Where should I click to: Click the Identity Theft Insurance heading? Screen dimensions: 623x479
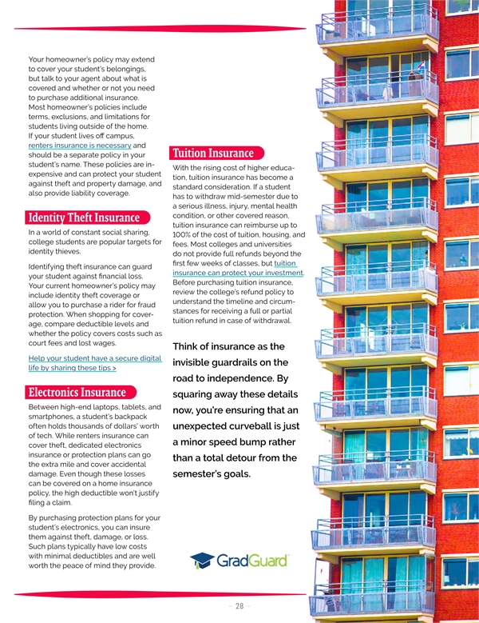tap(84, 218)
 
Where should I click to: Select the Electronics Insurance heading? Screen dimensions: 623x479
tap(77, 392)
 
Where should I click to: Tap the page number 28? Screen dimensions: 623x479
tap(239, 606)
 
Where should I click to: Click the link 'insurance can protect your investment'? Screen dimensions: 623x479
tap(237, 274)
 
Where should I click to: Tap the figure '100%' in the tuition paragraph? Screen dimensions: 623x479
tap(185, 234)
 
